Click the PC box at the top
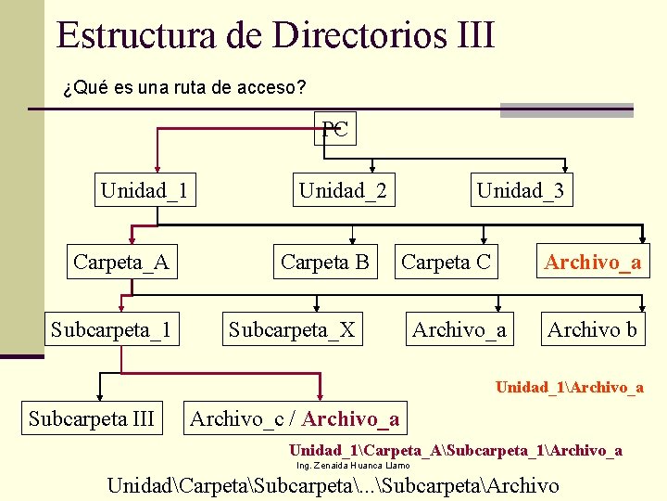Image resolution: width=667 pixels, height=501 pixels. coord(334,129)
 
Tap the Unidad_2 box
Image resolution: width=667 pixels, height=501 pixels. coord(342,191)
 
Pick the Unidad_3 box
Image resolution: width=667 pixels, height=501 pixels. coord(519,191)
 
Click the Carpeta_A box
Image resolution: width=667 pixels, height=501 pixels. coord(121,263)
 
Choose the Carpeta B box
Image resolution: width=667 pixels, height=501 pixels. coord(324,263)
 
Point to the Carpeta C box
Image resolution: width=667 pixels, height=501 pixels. coord(446,263)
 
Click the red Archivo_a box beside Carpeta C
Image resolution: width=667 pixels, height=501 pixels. coord(593,263)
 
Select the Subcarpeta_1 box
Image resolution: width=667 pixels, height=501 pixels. coord(111,329)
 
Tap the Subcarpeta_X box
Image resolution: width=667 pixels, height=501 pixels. coord(292,329)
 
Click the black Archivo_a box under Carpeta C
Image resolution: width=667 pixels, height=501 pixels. coord(459,329)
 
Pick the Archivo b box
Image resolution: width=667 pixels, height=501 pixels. coord(592,329)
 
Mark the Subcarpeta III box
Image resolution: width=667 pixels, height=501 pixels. coord(92,418)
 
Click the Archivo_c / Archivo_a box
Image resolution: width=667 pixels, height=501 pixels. coord(295,419)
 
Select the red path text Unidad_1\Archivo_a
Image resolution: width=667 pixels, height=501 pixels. coord(570,387)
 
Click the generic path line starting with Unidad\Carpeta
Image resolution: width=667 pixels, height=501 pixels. coord(333,485)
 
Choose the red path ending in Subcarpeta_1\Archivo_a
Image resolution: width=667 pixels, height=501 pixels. coord(456,451)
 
